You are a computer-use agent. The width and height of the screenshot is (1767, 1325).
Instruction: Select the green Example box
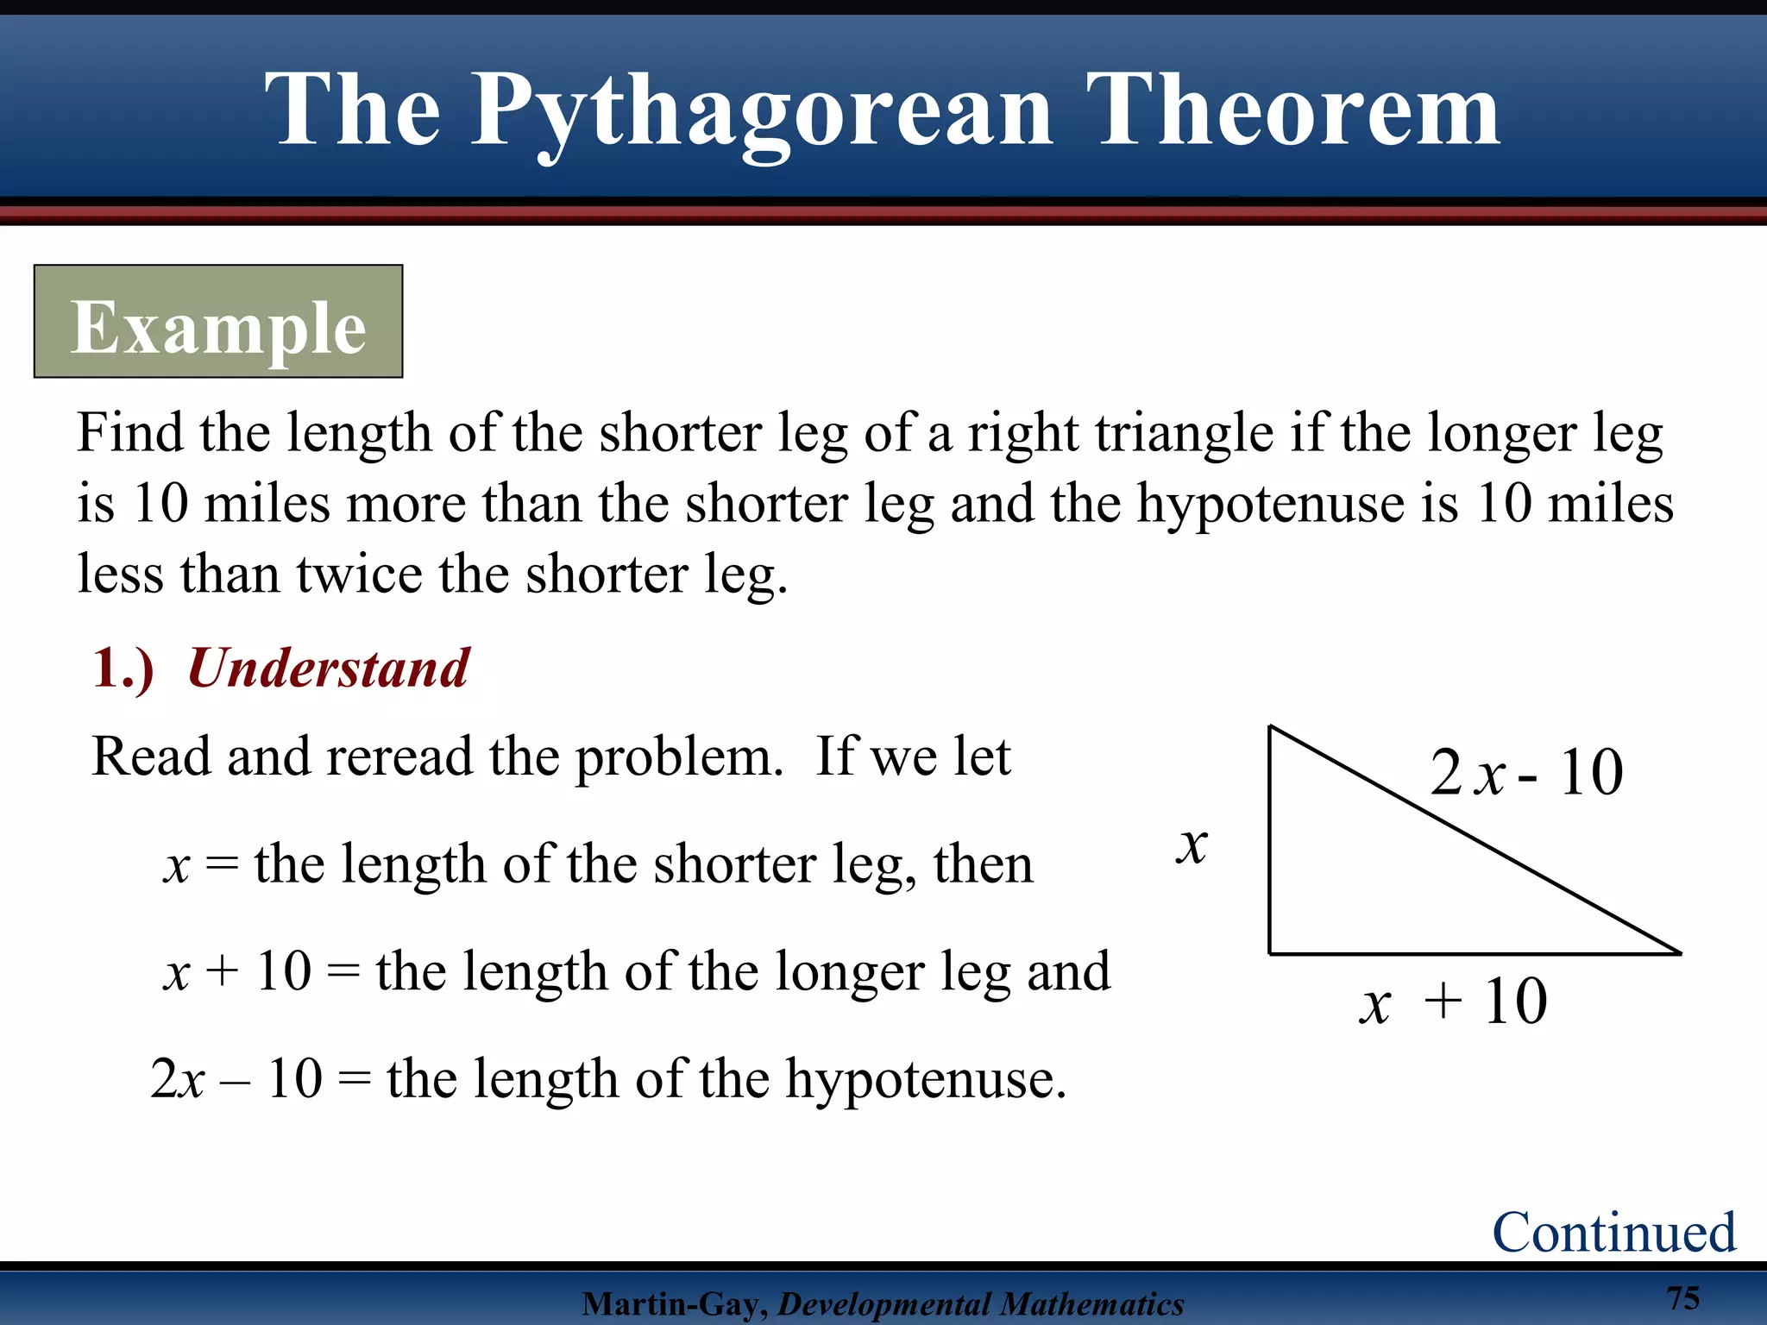[218, 322]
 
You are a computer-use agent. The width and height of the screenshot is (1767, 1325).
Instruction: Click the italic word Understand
[328, 668]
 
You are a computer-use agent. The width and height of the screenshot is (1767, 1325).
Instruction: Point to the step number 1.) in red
[123, 669]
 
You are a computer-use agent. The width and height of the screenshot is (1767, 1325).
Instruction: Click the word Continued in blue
[1613, 1231]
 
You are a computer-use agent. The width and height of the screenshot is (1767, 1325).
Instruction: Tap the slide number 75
[1682, 1297]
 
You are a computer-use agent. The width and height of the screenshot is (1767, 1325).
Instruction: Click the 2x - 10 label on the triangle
[1525, 771]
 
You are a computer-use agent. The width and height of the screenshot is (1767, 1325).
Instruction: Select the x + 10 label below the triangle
[1453, 1002]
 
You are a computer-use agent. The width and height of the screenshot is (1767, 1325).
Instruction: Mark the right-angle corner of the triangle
[1270, 953]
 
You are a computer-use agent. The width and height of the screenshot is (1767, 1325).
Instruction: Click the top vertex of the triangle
[1270, 727]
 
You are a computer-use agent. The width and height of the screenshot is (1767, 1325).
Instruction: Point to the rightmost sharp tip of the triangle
[1679, 953]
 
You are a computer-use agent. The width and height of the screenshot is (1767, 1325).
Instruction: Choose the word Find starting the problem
[130, 432]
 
